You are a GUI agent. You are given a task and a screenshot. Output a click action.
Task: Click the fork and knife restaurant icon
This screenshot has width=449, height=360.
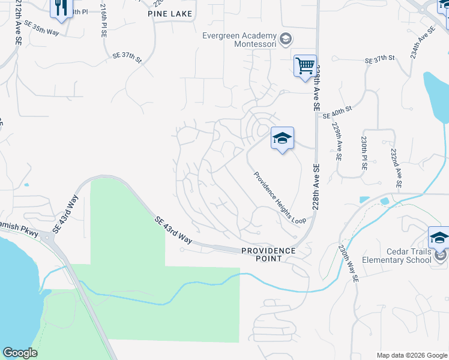pyautogui.click(x=61, y=7)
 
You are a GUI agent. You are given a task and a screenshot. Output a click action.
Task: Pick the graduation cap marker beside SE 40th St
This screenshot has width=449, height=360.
pyautogui.click(x=282, y=139)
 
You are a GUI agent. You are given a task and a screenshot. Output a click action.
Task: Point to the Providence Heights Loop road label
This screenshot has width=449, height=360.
pyautogui.click(x=279, y=198)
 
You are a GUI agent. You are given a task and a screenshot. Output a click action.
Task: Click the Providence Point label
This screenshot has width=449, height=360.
pyautogui.click(x=268, y=254)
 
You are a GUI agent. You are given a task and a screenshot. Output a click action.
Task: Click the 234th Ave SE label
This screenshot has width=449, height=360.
pyautogui.click(x=422, y=43)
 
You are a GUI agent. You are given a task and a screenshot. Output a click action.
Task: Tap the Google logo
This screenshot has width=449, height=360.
pyautogui.click(x=20, y=353)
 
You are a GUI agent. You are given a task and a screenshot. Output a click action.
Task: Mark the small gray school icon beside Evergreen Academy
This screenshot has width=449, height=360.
pyautogui.click(x=286, y=40)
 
